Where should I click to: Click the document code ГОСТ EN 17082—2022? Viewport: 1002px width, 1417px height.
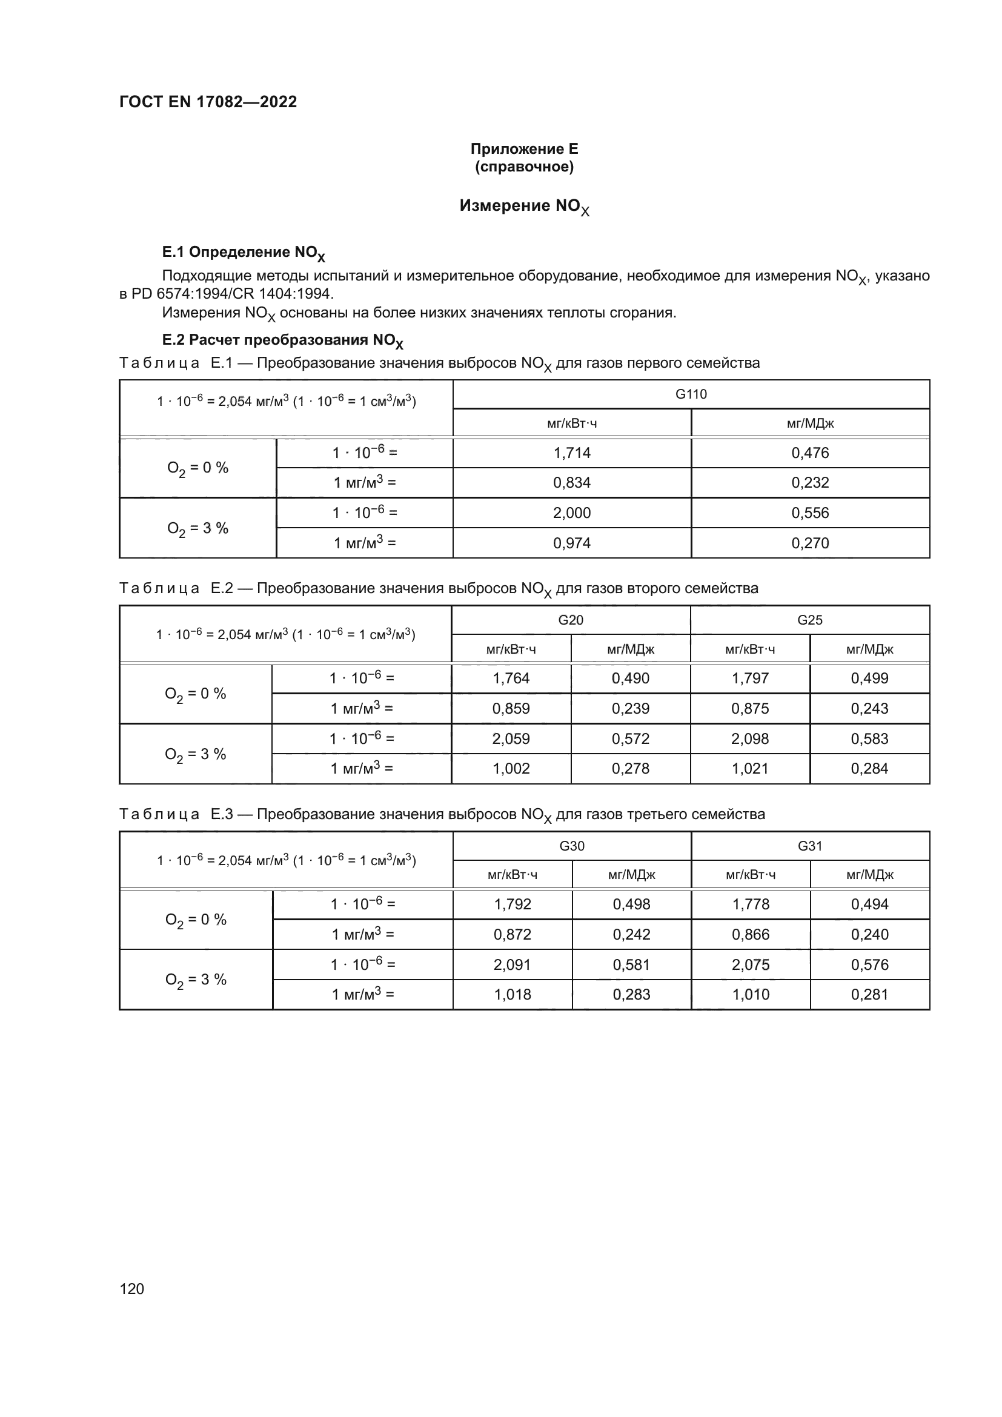[208, 102]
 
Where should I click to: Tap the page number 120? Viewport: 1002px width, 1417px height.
[131, 1289]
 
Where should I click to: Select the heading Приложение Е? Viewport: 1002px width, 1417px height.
[524, 149]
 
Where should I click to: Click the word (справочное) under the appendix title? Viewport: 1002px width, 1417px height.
[524, 167]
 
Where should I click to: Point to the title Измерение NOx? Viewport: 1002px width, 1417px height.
[524, 206]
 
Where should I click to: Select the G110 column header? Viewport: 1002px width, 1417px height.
[691, 394]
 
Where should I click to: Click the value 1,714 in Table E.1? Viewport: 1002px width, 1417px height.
[571, 453]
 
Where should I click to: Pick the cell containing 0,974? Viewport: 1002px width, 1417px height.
[571, 543]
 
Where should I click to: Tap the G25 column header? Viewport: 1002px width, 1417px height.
[809, 620]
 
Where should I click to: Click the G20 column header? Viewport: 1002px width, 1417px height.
[570, 620]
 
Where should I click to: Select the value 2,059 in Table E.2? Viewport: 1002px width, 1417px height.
[510, 738]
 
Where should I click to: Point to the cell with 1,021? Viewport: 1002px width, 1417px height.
[749, 768]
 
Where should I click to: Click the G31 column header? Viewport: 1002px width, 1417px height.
[809, 846]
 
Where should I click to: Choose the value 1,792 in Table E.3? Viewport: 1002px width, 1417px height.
[512, 904]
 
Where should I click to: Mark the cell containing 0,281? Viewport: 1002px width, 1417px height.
[869, 994]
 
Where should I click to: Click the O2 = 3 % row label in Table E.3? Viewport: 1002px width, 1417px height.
[196, 980]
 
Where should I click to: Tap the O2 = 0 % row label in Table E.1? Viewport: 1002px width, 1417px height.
[197, 468]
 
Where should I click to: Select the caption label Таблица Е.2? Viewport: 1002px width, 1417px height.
[175, 588]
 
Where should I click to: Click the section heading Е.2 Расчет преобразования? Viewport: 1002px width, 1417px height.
[282, 340]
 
